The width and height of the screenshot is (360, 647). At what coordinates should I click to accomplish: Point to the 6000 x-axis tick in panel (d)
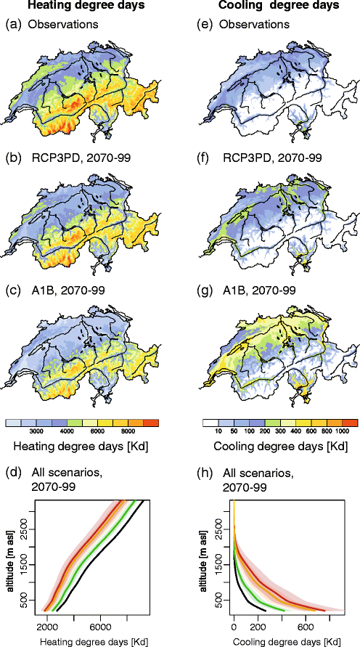point(101,627)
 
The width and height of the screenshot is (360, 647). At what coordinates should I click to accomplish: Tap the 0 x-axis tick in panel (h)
point(234,627)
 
